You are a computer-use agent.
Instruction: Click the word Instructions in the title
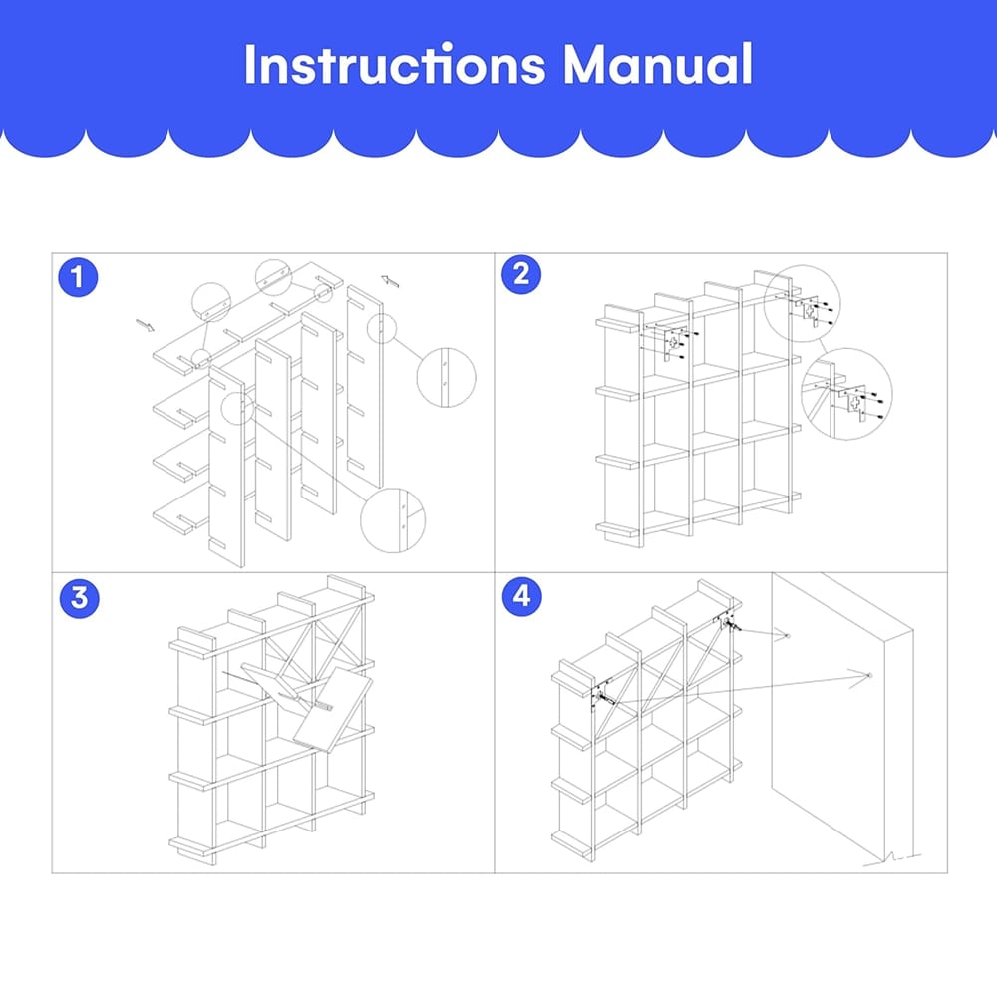click(x=395, y=64)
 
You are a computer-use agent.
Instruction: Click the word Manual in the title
click(x=658, y=64)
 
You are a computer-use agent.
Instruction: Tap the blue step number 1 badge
click(x=78, y=277)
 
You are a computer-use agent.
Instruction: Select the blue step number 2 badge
click(x=521, y=275)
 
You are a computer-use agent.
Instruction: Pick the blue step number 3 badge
click(x=80, y=598)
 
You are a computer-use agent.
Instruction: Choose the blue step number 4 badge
click(x=522, y=596)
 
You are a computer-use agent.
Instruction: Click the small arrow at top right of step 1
click(x=390, y=281)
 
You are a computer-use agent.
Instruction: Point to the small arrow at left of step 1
click(x=145, y=326)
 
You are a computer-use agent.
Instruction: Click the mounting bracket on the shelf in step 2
click(x=674, y=343)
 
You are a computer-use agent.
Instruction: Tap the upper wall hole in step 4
click(x=787, y=636)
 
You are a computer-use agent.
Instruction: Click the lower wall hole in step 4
click(x=869, y=675)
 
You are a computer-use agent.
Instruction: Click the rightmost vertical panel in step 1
click(x=365, y=386)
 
